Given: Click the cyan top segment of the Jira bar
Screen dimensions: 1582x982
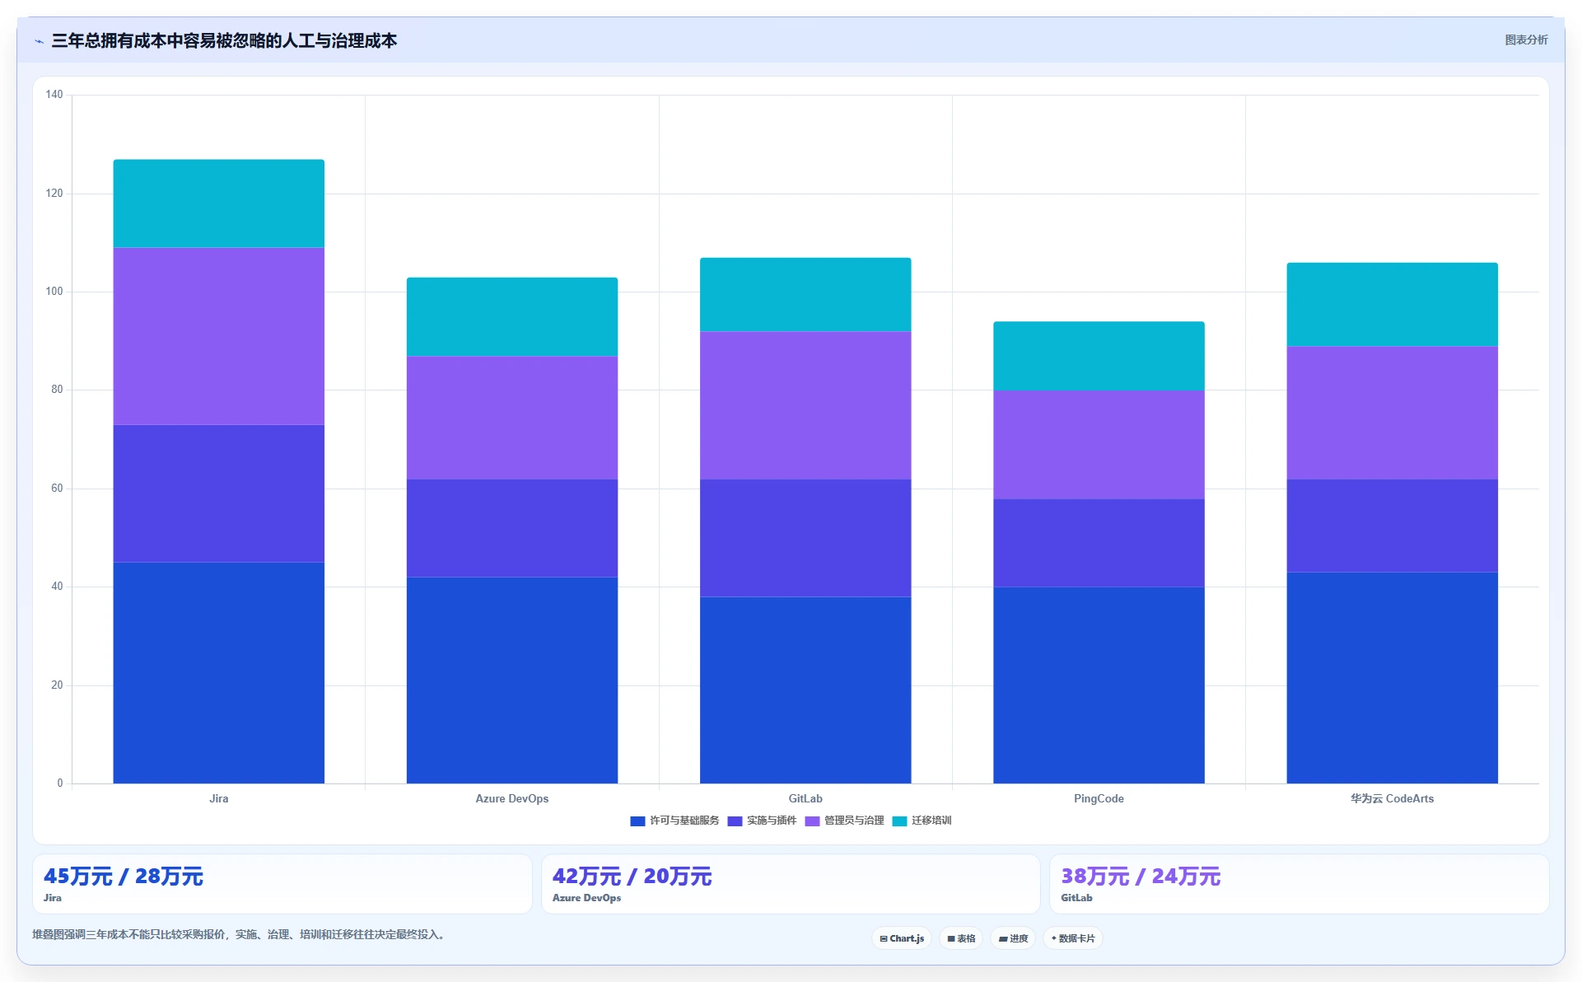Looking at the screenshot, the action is tap(218, 203).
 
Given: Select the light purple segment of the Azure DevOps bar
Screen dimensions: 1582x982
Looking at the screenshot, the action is tap(512, 418).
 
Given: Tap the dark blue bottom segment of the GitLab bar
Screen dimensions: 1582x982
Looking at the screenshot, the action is tap(805, 690).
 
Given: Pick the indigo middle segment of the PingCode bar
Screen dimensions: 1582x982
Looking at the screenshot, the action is tap(1099, 543).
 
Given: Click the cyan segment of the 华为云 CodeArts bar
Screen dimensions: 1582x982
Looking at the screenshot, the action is tap(1392, 305).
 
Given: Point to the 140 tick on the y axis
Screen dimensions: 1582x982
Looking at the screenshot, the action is tap(54, 95).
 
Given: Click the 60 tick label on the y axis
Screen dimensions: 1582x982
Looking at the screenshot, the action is tap(57, 489).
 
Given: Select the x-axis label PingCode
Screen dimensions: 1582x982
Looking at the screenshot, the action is tap(1099, 798).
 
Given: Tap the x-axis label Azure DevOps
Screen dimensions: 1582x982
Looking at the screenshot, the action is tap(512, 798).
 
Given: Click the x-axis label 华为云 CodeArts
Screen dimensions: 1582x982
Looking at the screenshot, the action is tap(1392, 798).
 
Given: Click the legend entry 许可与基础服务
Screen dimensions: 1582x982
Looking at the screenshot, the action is tap(675, 821).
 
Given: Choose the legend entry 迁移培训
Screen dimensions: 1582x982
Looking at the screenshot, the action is tap(922, 821).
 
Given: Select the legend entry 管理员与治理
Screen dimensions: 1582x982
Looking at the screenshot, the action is tap(845, 821).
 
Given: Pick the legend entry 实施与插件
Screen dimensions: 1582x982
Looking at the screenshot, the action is tap(763, 821).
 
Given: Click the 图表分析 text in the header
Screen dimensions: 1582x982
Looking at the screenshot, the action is tap(1526, 40).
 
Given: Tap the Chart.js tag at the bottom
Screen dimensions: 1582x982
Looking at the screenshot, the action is tap(902, 938).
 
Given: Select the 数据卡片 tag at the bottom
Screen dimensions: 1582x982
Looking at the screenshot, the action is tap(1073, 938).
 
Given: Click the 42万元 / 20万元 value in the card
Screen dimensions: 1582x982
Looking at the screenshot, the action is tap(632, 877).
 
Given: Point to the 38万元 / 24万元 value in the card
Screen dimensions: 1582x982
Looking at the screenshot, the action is tap(1141, 877).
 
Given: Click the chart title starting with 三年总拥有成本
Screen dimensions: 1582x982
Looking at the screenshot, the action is tap(224, 40).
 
